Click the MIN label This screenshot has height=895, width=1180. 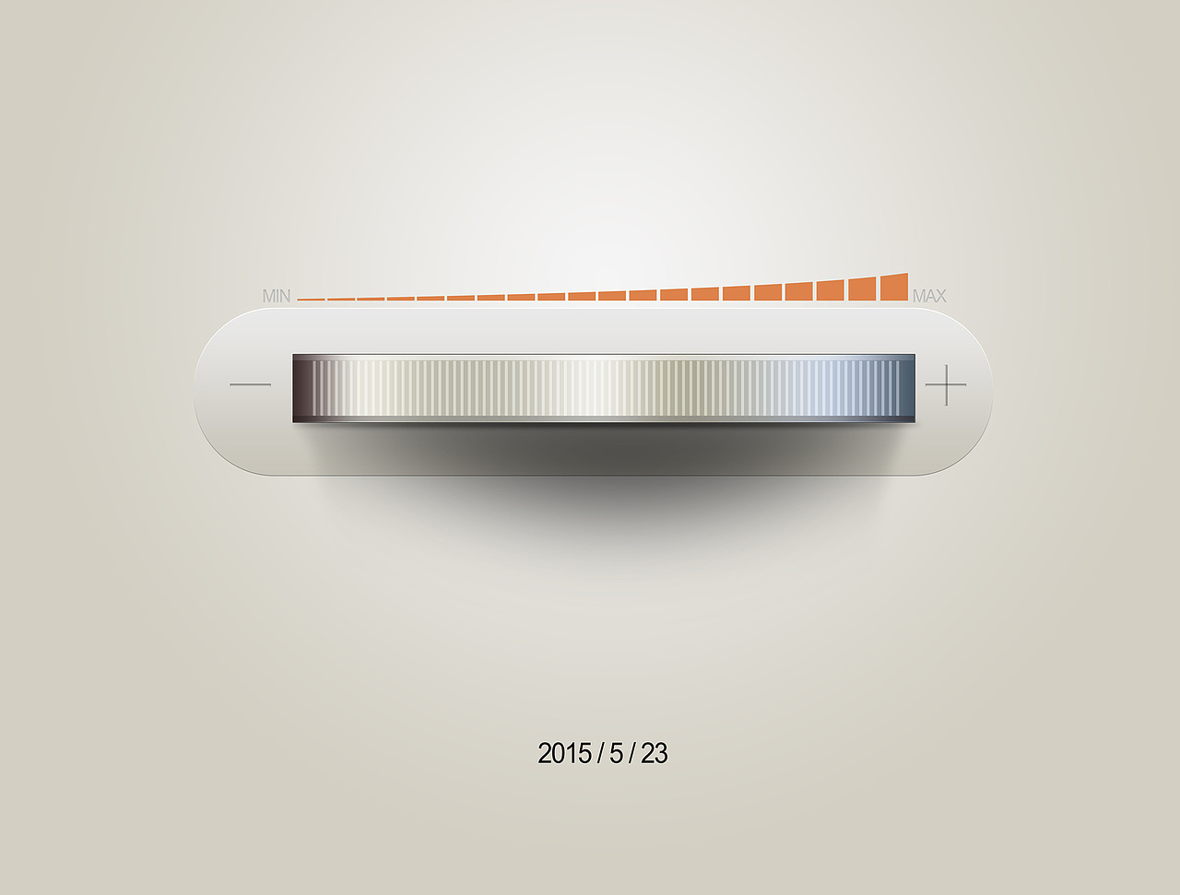pos(277,296)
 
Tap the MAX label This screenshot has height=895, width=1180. pos(929,296)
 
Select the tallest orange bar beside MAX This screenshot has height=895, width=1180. pos(894,288)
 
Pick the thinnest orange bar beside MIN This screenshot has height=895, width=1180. pos(312,300)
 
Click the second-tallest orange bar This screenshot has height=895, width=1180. pos(863,289)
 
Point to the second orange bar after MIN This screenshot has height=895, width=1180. pos(341,300)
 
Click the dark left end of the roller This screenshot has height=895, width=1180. pos(302,388)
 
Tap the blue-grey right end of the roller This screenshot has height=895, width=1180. pos(906,388)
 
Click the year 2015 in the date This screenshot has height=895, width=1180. pos(564,754)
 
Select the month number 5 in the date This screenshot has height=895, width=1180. pos(616,754)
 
